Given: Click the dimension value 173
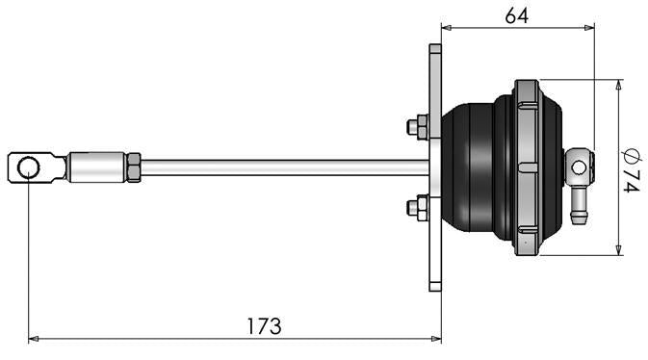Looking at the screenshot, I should click(262, 325).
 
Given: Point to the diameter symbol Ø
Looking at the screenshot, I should click(630, 154).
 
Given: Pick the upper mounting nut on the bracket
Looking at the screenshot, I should click(418, 127).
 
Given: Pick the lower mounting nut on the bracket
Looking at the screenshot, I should click(418, 206).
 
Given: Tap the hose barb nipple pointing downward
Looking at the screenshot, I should click(580, 208).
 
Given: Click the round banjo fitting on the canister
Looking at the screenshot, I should click(577, 168).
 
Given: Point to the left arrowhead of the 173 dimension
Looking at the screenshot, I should click(34, 339).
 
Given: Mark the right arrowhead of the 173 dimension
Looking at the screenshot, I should click(436, 339).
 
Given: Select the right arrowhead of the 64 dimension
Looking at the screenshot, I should click(589, 28).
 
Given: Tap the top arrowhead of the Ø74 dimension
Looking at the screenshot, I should click(617, 85).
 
